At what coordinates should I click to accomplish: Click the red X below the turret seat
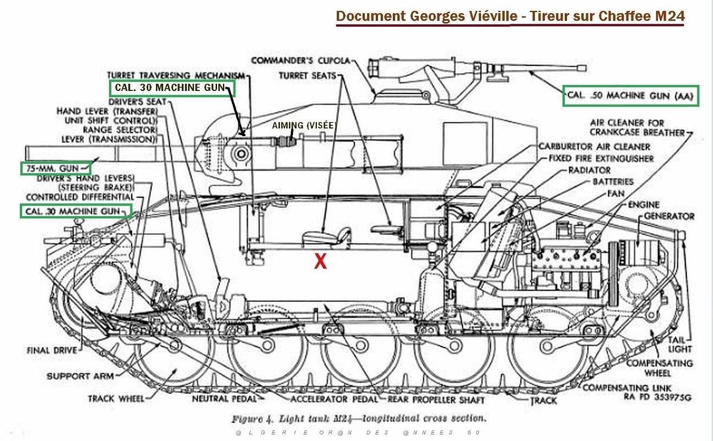[x=320, y=261]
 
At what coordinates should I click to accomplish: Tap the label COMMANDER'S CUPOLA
[x=301, y=61]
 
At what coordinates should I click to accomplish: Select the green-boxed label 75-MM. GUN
[x=52, y=169]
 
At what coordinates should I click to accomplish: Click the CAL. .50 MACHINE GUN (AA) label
[x=630, y=95]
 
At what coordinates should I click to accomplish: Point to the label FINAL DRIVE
[x=52, y=351]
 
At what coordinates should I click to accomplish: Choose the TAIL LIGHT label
[x=680, y=345]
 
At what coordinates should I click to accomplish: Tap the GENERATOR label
[x=669, y=217]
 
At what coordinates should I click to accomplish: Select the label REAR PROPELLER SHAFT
[x=436, y=400]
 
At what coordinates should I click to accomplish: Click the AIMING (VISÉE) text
[x=304, y=126]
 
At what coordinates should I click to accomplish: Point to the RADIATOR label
[x=590, y=170]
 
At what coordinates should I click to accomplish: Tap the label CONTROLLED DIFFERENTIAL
[x=80, y=197]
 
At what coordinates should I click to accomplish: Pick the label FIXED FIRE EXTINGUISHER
[x=601, y=158]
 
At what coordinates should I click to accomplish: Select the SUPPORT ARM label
[x=80, y=376]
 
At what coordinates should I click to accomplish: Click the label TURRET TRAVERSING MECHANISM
[x=176, y=76]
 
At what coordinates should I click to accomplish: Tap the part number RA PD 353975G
[x=657, y=397]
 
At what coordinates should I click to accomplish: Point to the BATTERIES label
[x=613, y=182]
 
